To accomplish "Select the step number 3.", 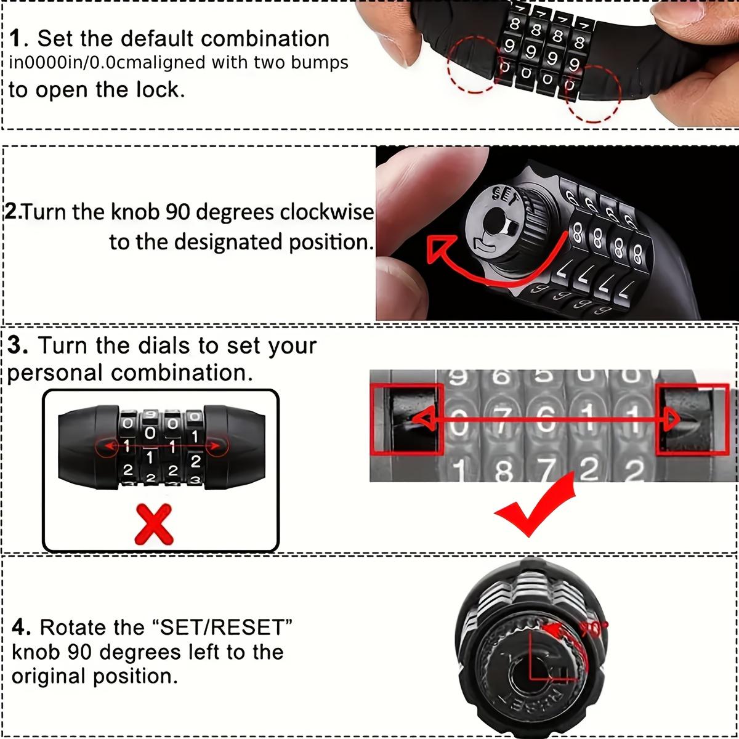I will click(x=18, y=346).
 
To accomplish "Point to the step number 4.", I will click(x=21, y=628).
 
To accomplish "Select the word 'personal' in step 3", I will click(x=55, y=373).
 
